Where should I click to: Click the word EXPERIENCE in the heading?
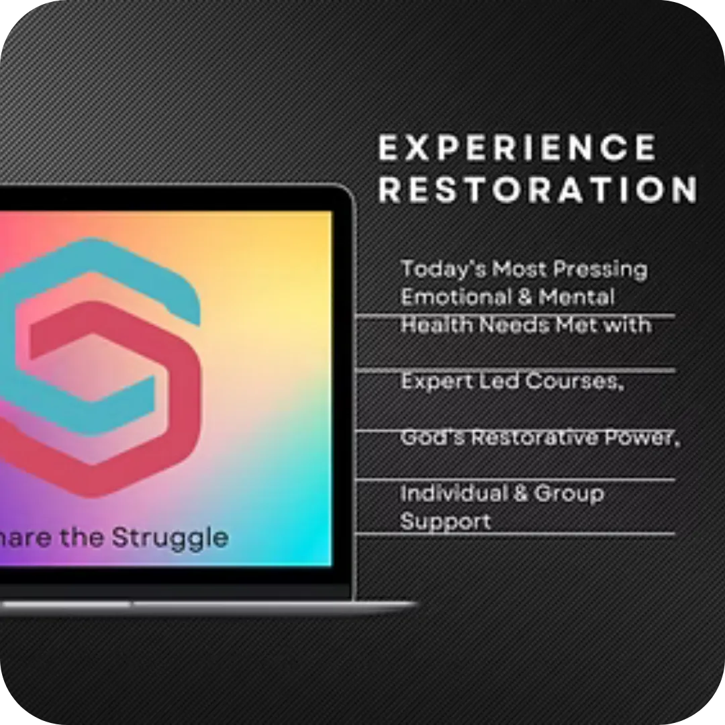pos(517,147)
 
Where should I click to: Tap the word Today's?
pos(443,270)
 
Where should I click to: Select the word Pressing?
pos(600,270)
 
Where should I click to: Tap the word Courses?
pos(575,381)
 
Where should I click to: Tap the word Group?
pos(569,494)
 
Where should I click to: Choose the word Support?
pos(445,522)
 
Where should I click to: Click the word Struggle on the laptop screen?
pos(170,538)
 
